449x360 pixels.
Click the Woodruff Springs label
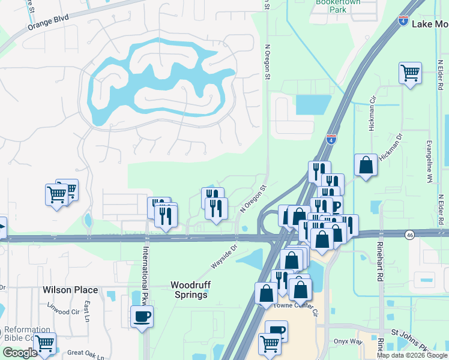(x=189, y=289)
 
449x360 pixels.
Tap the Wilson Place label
(x=70, y=290)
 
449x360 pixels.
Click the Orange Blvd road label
(x=48, y=23)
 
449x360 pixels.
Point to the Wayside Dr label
(x=224, y=256)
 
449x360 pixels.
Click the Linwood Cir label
(x=67, y=312)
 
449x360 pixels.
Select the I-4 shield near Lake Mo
(x=402, y=22)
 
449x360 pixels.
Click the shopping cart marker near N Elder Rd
(x=410, y=74)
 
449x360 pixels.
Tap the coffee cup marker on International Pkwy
(x=142, y=316)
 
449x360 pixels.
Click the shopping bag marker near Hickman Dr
(x=366, y=164)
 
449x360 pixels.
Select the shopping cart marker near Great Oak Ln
(x=44, y=344)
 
